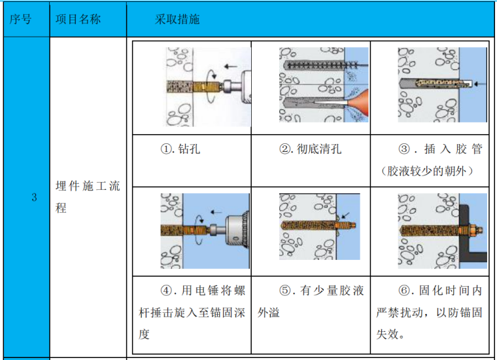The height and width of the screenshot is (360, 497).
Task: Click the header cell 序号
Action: click(x=22, y=19)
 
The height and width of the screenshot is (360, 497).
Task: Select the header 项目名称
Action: click(x=78, y=19)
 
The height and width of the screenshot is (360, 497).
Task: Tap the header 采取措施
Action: click(x=177, y=19)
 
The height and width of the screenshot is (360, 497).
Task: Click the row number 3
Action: click(x=34, y=197)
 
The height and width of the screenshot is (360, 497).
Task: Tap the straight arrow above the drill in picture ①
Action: click(x=230, y=65)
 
